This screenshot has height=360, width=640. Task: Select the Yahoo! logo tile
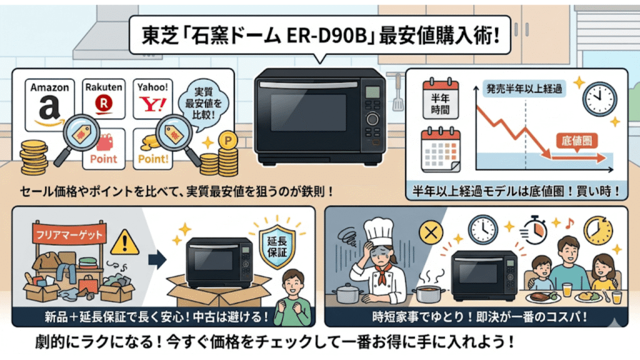(x=153, y=99)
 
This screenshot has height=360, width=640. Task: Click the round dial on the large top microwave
(x=373, y=119)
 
